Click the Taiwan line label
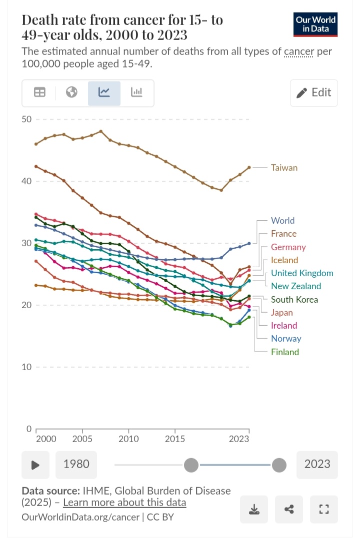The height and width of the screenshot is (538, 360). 284,168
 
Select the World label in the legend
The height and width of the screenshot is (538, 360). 282,220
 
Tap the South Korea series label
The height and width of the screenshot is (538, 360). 294,299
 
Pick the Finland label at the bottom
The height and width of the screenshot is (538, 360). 285,352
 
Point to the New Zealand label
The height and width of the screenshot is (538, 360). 296,286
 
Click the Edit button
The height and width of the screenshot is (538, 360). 313,92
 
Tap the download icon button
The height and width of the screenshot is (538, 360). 254,509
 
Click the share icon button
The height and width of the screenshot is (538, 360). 289,509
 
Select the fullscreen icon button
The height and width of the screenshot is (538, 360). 324,509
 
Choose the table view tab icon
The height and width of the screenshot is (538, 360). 39,92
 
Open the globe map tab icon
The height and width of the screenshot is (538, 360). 71,92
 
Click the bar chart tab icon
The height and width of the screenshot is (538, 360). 136,92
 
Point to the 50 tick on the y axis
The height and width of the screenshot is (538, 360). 26,119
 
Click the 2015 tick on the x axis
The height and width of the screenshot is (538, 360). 175,439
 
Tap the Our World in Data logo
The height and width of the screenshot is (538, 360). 315,24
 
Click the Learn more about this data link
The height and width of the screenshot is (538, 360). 124,503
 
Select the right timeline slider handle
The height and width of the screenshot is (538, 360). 279,465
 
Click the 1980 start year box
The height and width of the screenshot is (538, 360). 76,464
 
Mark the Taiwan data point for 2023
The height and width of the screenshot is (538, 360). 249,167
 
